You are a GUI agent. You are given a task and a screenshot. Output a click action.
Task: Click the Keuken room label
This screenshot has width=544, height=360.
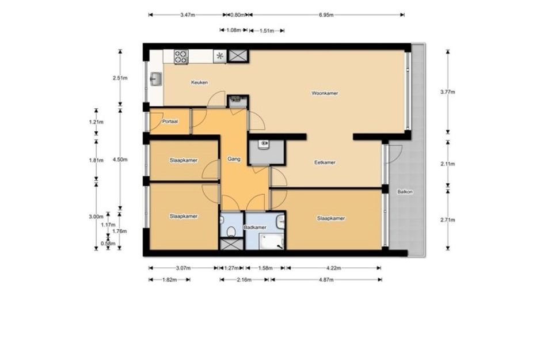[x=200, y=82]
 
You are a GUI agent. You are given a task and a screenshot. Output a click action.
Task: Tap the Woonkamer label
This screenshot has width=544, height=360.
[x=325, y=93]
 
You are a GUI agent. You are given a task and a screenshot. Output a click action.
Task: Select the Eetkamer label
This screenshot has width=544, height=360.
[x=325, y=162]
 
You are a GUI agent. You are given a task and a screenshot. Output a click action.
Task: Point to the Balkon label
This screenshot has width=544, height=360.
[x=405, y=192]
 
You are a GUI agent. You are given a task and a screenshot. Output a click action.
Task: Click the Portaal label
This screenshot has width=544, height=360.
[x=170, y=122]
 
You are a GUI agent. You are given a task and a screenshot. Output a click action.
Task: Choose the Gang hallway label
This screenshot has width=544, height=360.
[x=234, y=159]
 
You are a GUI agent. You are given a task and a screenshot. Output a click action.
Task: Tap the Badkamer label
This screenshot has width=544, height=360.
[x=255, y=228]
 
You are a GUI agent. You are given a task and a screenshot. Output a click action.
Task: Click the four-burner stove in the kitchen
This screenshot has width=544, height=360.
[x=181, y=57]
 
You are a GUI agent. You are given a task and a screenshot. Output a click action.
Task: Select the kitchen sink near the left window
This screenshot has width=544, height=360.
[x=156, y=79]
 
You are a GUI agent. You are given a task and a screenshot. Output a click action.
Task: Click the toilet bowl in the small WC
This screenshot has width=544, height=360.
[x=231, y=231]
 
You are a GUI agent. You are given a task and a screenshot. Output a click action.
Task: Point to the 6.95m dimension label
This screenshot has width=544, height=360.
[x=326, y=15]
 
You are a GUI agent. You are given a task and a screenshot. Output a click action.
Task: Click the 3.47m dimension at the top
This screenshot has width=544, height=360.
[x=188, y=15]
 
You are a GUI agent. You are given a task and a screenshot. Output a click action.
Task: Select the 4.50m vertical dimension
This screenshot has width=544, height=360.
[x=120, y=160]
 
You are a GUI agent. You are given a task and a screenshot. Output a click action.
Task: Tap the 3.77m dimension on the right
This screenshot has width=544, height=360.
[x=447, y=92]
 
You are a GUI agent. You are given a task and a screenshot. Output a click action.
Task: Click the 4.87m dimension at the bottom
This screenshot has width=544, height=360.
[x=326, y=279]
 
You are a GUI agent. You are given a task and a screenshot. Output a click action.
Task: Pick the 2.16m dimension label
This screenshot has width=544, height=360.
[x=244, y=279]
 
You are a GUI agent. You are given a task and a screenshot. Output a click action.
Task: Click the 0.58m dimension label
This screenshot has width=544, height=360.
[x=108, y=243]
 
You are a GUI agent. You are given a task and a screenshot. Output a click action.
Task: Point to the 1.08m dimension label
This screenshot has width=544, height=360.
[x=234, y=30]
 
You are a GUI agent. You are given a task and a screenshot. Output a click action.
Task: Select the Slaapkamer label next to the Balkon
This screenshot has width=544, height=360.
[x=331, y=218]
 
